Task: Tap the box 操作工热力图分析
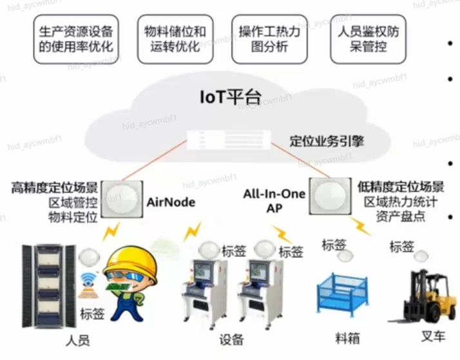coord(269,39)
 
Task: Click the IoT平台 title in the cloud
coord(230,98)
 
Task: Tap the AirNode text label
coord(171,202)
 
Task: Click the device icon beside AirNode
coord(122,197)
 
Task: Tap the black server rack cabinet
coord(45,283)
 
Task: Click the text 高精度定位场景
coord(55,188)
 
